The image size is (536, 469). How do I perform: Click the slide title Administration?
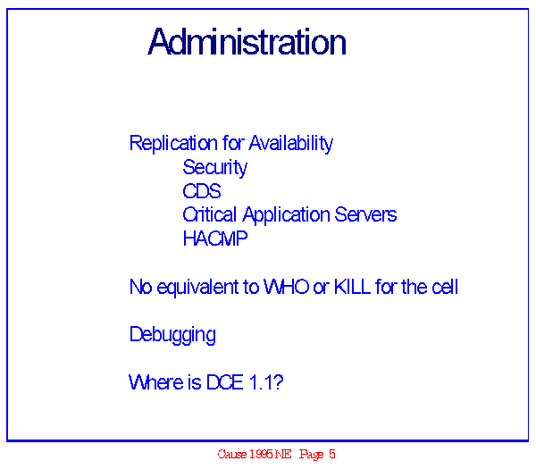click(x=247, y=42)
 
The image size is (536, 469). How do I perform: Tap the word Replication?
click(x=173, y=143)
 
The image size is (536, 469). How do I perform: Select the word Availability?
click(x=291, y=143)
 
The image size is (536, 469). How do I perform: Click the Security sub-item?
click(x=215, y=168)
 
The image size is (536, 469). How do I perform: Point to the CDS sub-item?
click(x=202, y=191)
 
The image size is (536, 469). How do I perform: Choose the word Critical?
click(x=210, y=214)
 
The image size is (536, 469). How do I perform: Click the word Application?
click(x=287, y=215)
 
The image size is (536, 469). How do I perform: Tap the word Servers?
click(x=365, y=214)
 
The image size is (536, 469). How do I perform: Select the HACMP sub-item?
click(x=215, y=239)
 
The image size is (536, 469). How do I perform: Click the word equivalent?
click(x=197, y=287)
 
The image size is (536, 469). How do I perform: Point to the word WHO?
click(x=287, y=287)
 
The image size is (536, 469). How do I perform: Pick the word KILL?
click(x=353, y=287)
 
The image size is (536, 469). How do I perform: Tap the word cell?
click(x=445, y=287)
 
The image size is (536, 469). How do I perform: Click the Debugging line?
click(x=172, y=335)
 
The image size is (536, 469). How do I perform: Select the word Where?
click(x=155, y=382)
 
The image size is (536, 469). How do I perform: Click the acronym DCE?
click(x=225, y=382)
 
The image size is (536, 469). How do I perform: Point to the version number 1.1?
click(x=266, y=382)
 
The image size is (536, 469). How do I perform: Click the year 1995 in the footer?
click(x=262, y=454)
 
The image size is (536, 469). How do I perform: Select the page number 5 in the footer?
click(x=332, y=454)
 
